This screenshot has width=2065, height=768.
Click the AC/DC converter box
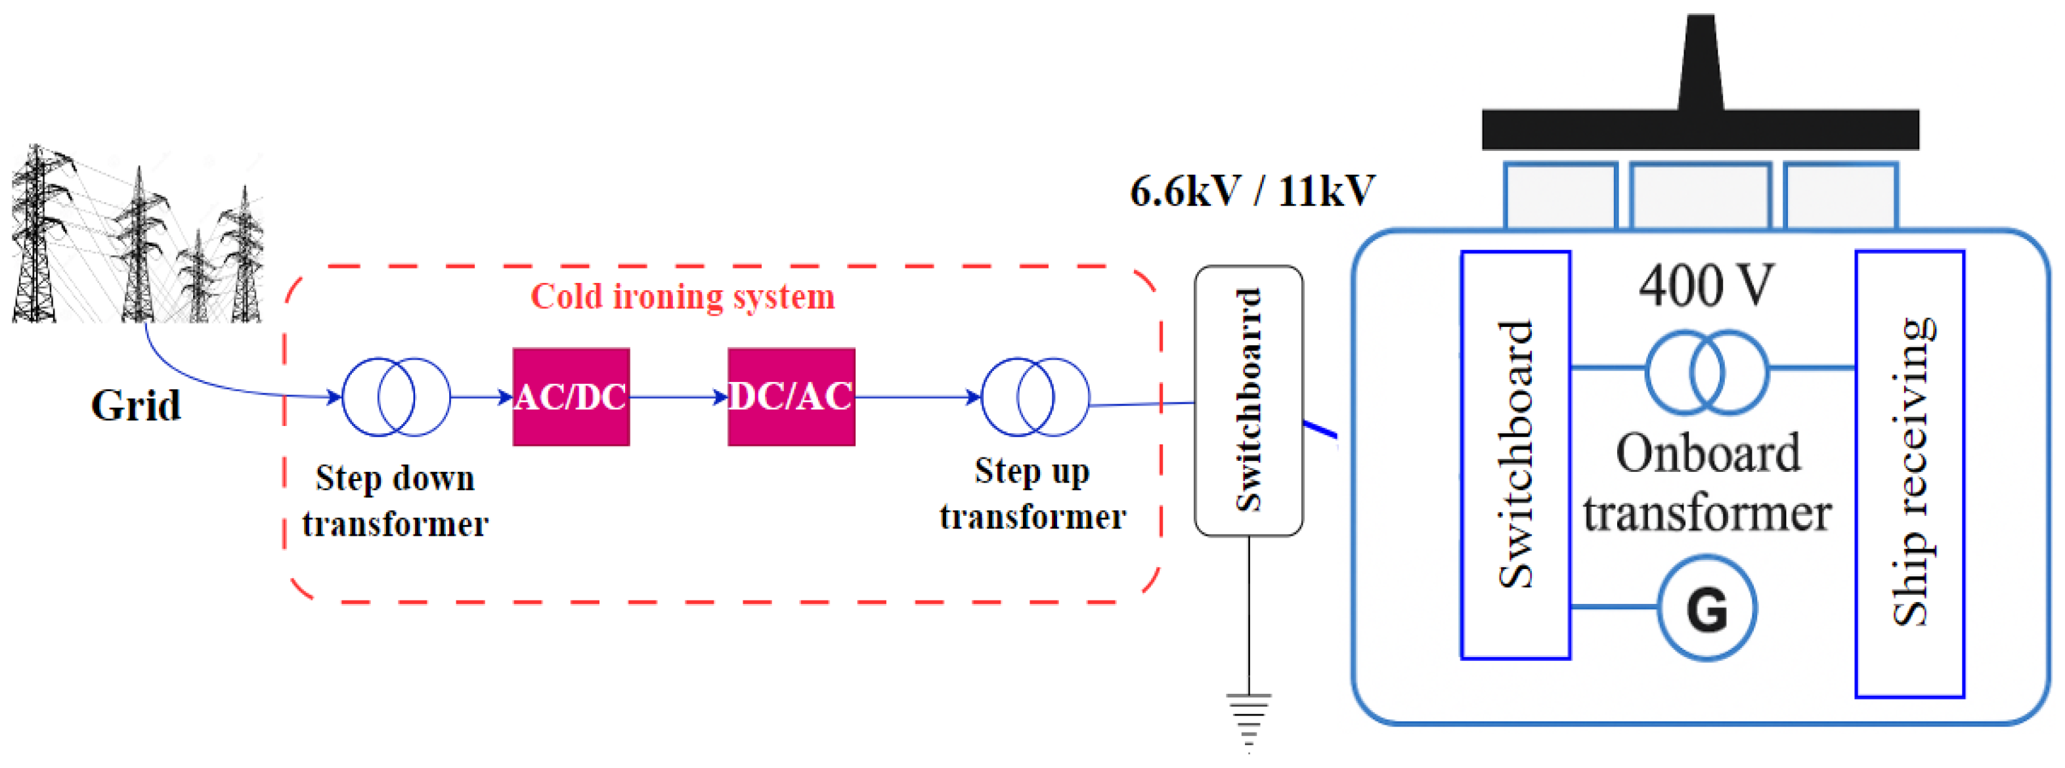click(571, 397)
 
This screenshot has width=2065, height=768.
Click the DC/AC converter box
click(791, 397)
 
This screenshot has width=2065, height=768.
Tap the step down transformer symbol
click(396, 397)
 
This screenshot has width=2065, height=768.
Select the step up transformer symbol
click(1035, 397)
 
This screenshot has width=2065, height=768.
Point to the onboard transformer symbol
click(1706, 372)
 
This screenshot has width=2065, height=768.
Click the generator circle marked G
click(1706, 608)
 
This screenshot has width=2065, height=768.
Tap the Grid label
click(135, 406)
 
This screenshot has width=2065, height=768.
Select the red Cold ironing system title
click(682, 297)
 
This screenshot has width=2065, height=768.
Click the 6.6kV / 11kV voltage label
click(1251, 192)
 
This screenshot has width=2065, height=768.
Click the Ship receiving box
click(1909, 473)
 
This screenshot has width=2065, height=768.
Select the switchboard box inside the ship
click(1514, 454)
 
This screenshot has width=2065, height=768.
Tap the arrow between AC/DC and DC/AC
click(678, 397)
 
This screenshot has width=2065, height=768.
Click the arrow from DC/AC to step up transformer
click(918, 397)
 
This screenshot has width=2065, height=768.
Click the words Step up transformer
click(1032, 494)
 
